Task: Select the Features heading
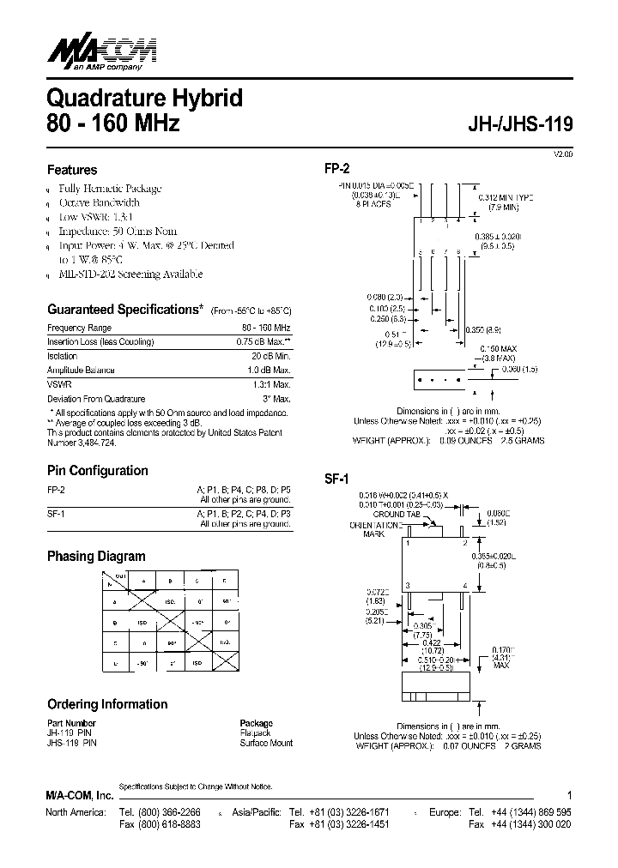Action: (72, 170)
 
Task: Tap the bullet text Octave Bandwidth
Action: (99, 202)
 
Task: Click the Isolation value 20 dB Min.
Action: (271, 356)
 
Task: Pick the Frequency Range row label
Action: (79, 328)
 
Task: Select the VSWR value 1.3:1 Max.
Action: (271, 385)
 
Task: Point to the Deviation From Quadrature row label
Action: (96, 399)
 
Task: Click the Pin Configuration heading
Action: (97, 470)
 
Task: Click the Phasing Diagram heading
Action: (96, 556)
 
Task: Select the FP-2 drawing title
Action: (337, 170)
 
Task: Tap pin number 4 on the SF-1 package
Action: (464, 585)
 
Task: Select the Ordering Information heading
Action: (107, 704)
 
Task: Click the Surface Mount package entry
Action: (266, 743)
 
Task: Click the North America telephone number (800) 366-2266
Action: (161, 811)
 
